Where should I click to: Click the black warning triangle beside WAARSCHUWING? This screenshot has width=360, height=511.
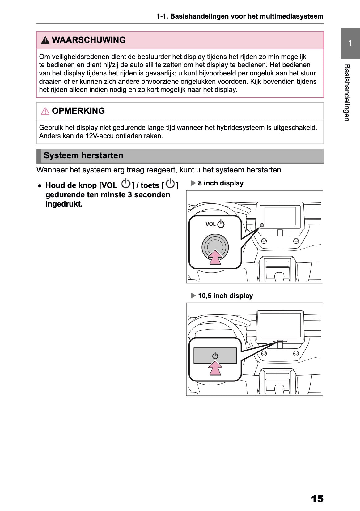(x=45, y=40)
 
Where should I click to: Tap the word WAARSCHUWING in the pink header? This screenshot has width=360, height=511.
(x=89, y=40)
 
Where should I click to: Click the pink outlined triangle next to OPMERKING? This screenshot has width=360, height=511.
(x=45, y=111)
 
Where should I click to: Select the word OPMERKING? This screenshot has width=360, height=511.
(x=78, y=111)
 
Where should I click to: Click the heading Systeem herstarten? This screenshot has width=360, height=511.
(x=83, y=155)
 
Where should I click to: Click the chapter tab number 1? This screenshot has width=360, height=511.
(x=350, y=43)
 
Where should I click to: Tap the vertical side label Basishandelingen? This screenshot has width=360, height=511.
(x=347, y=93)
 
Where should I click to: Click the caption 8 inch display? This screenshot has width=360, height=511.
(x=221, y=183)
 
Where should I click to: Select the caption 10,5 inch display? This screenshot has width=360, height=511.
(x=225, y=296)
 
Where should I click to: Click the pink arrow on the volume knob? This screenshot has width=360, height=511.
(x=215, y=257)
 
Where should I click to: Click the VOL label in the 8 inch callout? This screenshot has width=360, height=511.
(x=210, y=224)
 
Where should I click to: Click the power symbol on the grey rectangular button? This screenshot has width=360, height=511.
(x=215, y=356)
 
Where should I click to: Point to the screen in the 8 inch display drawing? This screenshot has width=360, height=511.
(x=280, y=216)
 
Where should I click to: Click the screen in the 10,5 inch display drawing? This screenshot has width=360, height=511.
(x=280, y=325)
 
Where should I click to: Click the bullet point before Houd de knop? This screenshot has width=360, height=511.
(x=40, y=186)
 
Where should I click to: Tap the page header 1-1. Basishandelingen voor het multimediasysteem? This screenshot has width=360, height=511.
(x=240, y=16)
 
